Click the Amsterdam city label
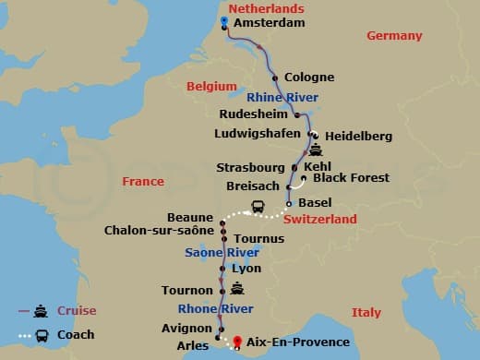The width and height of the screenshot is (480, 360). click(x=269, y=22)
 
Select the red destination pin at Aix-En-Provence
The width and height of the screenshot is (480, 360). click(x=238, y=341)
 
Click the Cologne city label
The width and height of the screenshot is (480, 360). click(x=309, y=78)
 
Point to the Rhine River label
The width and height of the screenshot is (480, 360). click(x=282, y=97)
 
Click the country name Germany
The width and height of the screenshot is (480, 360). click(x=394, y=36)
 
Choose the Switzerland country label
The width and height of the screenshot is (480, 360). click(x=319, y=220)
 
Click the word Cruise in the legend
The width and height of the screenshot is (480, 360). click(x=77, y=311)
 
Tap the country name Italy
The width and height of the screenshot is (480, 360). click(x=366, y=313)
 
